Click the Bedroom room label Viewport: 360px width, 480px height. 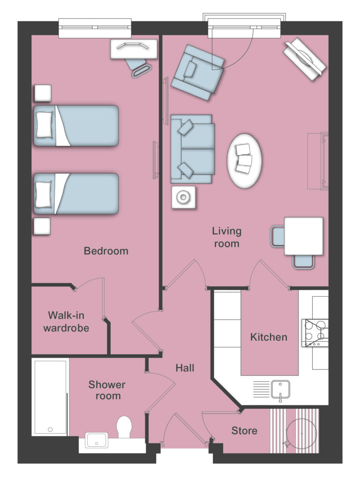coord(106,251)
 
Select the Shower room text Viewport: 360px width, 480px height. coord(107,390)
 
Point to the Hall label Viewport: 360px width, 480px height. coord(185,368)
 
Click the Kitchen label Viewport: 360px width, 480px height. coord(269,337)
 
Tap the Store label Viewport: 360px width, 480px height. coord(244,430)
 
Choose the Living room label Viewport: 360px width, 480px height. coord(226,237)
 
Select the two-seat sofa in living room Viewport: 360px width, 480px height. coord(192,149)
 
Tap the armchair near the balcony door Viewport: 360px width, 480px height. coord(197,72)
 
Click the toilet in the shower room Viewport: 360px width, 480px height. coord(125,427)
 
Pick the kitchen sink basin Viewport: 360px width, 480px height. coord(280,389)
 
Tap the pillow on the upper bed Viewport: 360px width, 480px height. coord(45,125)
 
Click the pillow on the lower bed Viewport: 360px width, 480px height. coord(45,194)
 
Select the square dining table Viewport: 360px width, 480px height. coord(303,236)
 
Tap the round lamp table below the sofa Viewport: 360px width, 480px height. coord(183,198)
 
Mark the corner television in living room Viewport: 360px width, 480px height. coord(304,60)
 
